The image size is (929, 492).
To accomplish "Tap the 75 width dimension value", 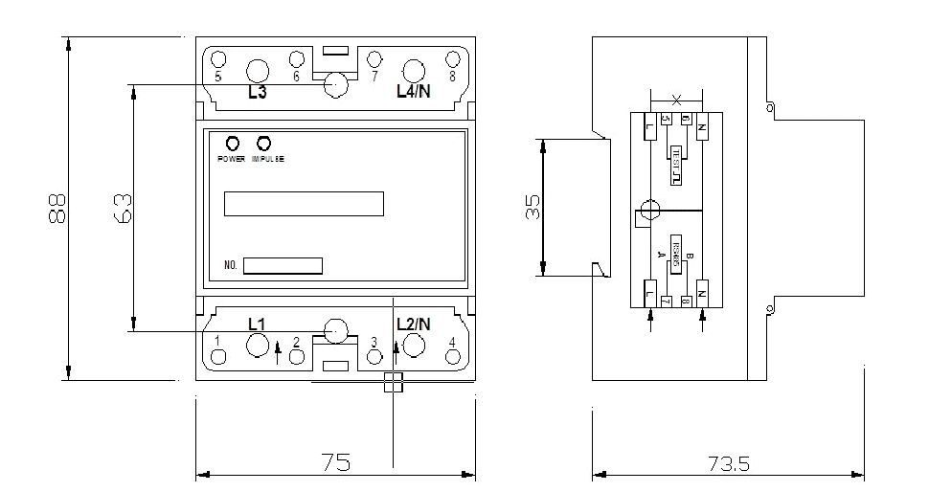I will click(335, 462).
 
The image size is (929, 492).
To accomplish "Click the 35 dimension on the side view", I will click(532, 208).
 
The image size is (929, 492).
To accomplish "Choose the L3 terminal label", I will click(257, 93).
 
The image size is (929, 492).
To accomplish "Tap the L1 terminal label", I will click(257, 324).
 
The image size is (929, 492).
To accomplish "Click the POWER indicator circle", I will click(231, 143).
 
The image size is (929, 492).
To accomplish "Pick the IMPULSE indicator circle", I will click(263, 143).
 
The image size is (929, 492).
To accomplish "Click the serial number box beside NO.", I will click(283, 266).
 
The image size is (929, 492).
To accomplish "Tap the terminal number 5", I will click(218, 77).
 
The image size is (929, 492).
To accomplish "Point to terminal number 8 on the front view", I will click(452, 77).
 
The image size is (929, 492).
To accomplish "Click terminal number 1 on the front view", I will click(218, 341).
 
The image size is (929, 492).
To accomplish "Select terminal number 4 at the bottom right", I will click(452, 342).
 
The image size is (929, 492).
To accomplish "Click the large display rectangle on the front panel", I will click(304, 204).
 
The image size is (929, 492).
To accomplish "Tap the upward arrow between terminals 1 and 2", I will click(278, 352).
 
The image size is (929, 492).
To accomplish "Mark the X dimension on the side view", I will click(677, 100).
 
